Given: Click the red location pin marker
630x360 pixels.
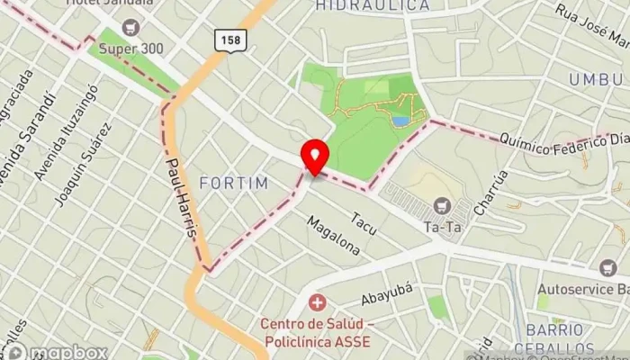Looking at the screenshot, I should (x=314, y=157).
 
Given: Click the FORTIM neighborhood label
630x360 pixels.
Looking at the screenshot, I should (x=234, y=184).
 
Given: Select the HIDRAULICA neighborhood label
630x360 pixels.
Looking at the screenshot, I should (x=372, y=6).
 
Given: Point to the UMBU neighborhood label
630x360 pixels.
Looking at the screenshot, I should (x=595, y=80).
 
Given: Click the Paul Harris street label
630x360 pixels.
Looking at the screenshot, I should (x=181, y=199).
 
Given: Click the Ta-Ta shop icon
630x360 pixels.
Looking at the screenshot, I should (x=441, y=206).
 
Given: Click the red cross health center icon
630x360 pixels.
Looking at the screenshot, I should (x=316, y=303).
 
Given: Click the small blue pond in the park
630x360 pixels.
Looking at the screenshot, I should (x=400, y=120).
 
